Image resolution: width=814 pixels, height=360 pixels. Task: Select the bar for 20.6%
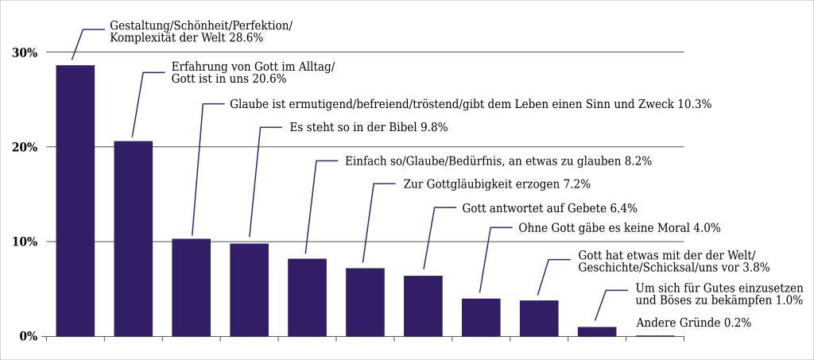pos(133,238)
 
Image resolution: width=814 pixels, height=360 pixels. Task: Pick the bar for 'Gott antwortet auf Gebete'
pos(423,306)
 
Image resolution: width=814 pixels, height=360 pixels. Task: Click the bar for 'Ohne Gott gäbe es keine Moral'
pos(481,317)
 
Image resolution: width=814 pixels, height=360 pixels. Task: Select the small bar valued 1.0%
pos(597,331)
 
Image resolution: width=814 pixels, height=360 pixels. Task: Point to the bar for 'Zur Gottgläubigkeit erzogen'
pos(365,302)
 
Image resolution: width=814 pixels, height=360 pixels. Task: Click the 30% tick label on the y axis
pos(25,52)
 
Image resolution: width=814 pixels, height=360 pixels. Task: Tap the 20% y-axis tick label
pos(25,147)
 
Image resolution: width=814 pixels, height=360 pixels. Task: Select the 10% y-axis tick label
pos(25,242)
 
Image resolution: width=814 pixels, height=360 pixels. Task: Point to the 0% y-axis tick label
pos(29,336)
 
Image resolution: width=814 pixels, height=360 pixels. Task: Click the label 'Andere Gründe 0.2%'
pos(693,323)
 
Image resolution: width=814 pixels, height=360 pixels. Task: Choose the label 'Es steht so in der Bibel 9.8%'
pos(368,127)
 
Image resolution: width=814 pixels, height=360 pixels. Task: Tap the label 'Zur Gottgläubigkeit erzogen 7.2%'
pos(497,184)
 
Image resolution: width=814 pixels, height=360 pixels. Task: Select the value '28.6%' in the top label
pos(246,37)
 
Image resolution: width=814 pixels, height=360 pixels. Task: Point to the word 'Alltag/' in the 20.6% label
pos(315,68)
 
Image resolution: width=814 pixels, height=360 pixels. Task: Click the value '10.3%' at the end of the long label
pos(694,104)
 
